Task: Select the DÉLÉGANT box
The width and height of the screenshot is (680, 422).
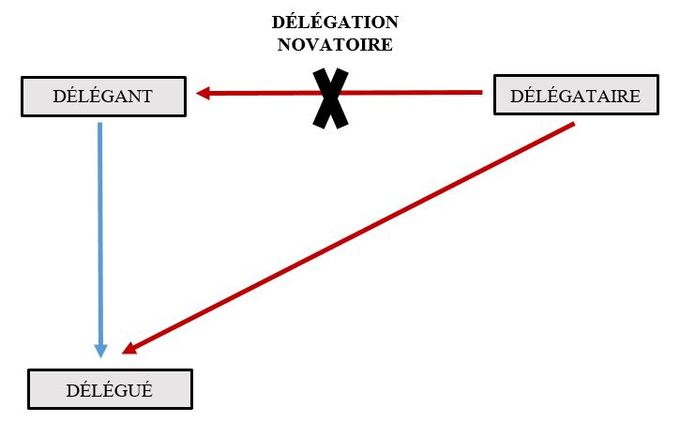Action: coord(102,96)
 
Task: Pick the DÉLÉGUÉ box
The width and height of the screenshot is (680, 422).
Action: coord(110,388)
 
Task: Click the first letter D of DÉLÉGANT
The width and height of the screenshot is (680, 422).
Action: coord(57,96)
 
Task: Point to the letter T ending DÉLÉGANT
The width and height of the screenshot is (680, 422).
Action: coord(145,96)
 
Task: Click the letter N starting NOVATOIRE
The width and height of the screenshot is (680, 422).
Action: coord(284,43)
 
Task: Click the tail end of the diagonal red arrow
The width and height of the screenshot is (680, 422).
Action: coord(571,125)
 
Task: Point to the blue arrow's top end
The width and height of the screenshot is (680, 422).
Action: coord(99,126)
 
